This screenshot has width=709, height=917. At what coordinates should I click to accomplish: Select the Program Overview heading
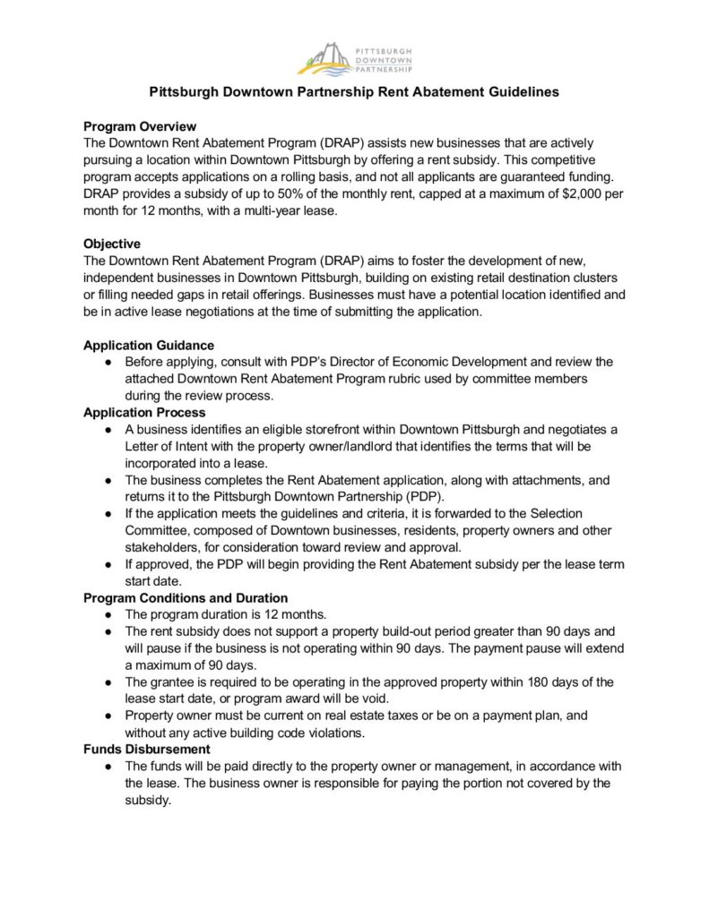[x=140, y=126]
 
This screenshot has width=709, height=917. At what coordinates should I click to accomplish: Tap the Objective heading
[x=112, y=244]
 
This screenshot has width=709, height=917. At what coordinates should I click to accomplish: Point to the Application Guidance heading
[x=148, y=345]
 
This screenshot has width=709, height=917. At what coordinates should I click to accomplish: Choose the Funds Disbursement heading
[x=147, y=749]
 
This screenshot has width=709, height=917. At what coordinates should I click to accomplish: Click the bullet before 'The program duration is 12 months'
[x=108, y=614]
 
